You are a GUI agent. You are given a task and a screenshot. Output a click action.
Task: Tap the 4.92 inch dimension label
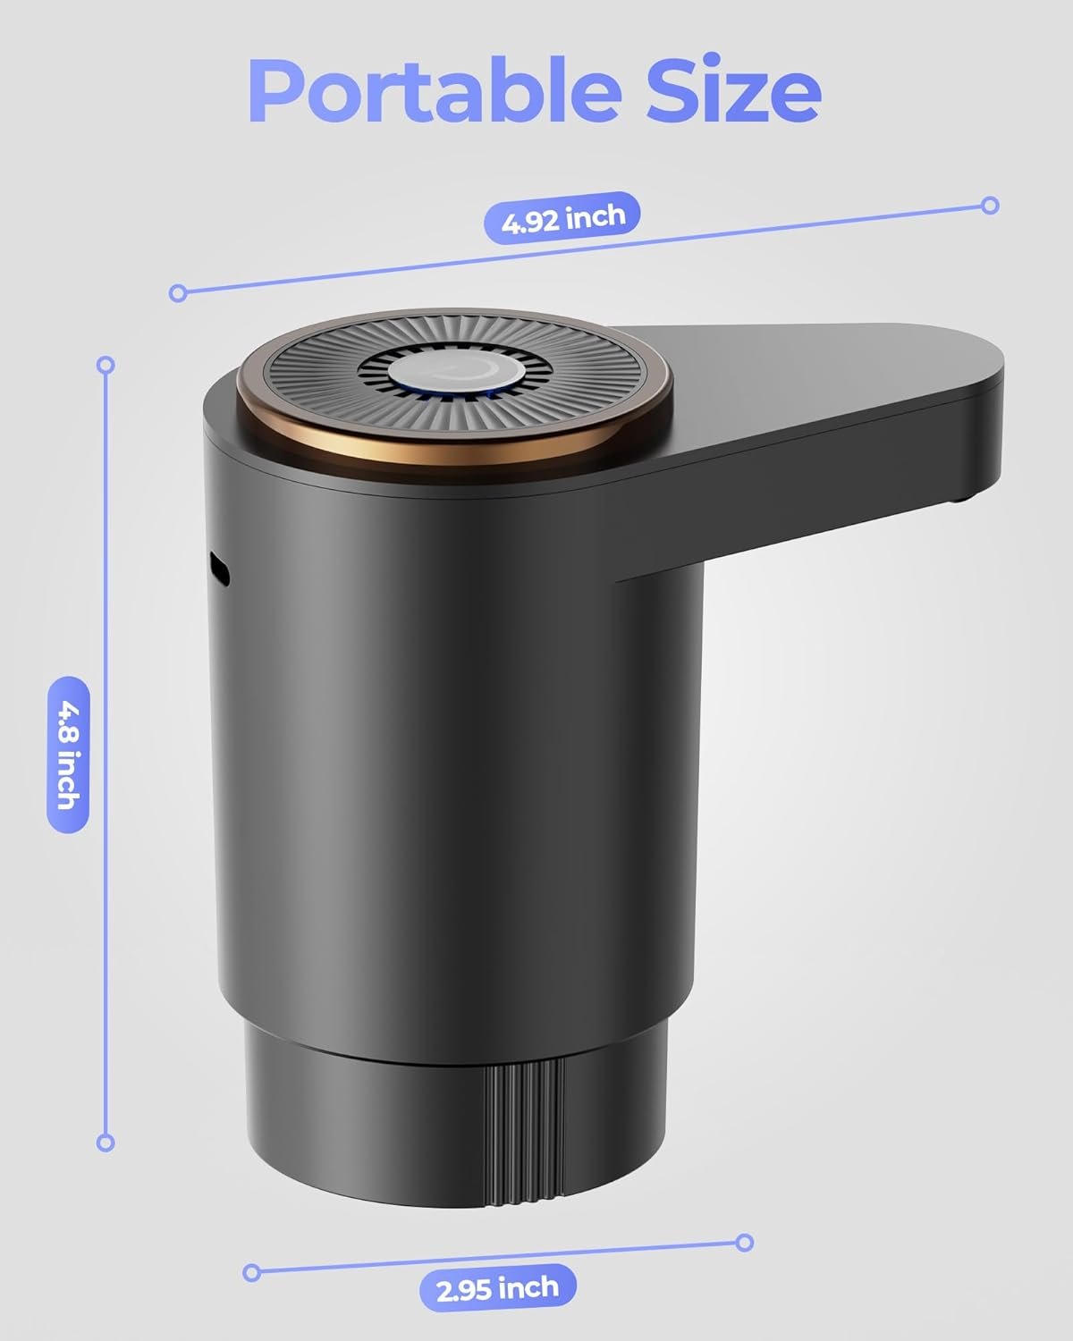(562, 218)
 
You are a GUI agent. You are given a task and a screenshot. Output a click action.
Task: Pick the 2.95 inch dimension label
(498, 1288)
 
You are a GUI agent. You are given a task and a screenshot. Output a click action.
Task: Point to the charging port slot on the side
(218, 569)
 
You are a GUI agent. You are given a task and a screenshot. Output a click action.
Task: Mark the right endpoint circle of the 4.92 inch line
(989, 206)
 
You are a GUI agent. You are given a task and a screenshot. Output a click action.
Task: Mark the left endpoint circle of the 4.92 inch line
(178, 292)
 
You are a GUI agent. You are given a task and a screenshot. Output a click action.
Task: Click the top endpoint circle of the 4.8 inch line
(106, 365)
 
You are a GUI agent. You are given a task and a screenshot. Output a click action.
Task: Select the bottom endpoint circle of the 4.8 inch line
(106, 1143)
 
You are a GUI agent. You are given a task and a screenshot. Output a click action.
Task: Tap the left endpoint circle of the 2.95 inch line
(251, 1271)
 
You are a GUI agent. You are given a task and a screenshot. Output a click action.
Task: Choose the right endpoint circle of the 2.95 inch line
(744, 1242)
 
